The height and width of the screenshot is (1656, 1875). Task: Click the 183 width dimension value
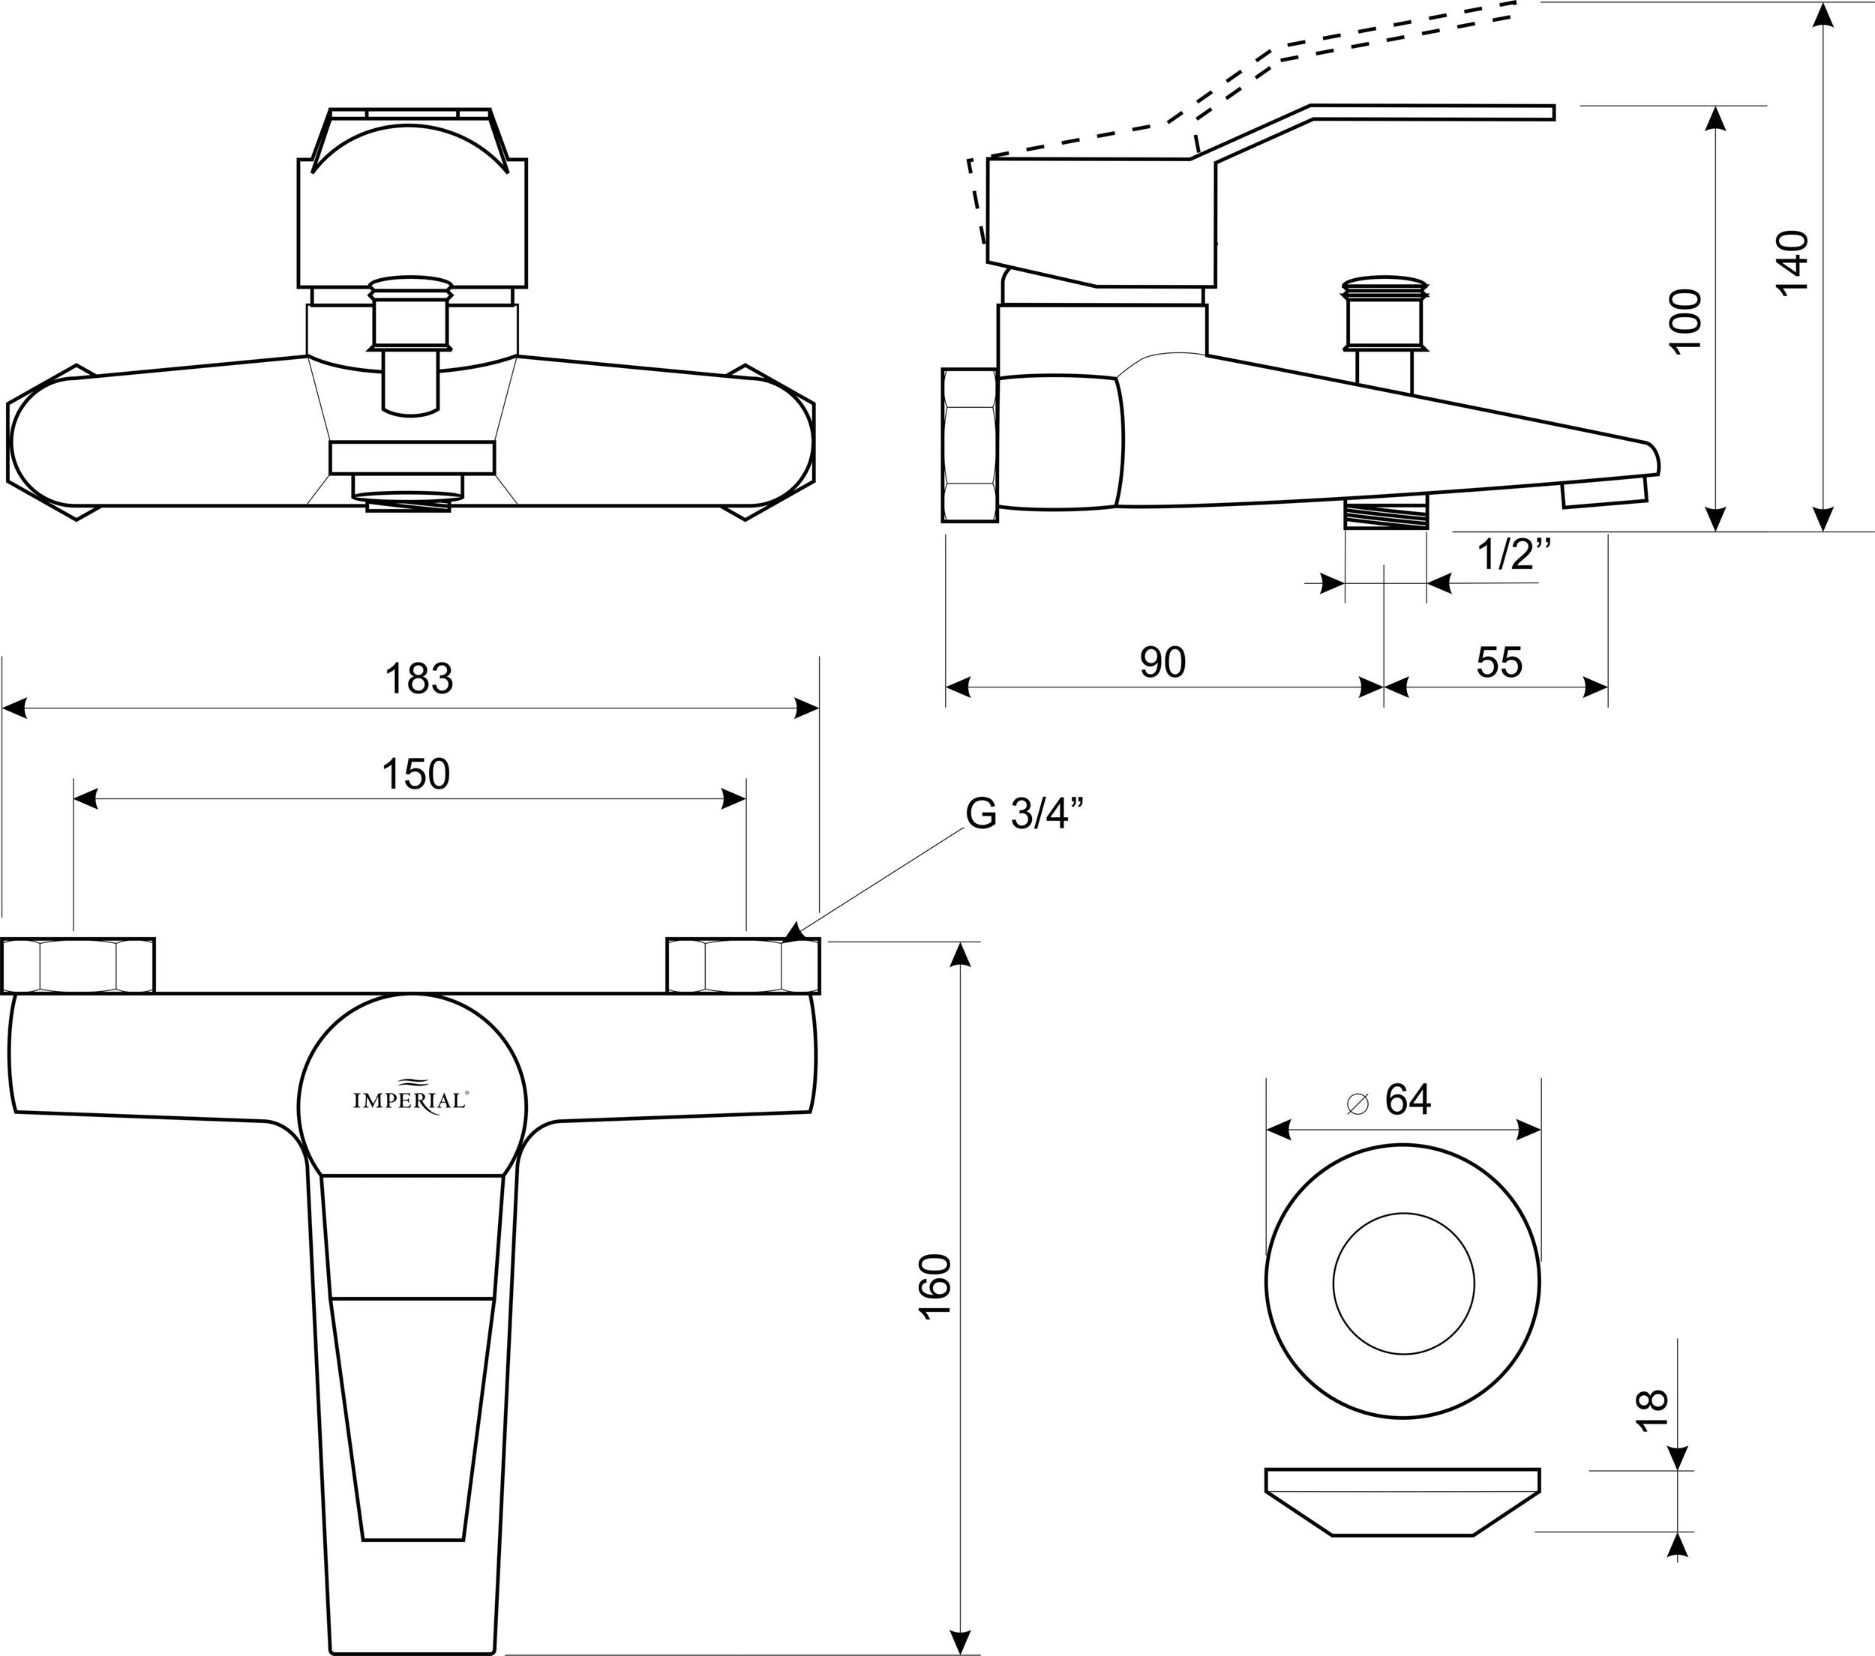point(418,679)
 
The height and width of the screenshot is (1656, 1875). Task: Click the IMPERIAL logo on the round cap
point(412,1100)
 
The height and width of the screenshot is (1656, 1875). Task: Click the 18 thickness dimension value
point(1651,1410)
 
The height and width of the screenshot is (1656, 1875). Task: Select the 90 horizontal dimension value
point(1162,662)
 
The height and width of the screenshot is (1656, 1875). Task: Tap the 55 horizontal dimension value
point(1499,662)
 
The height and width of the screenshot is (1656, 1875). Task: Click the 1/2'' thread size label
point(1514,555)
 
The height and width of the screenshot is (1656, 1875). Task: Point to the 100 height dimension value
point(1684,320)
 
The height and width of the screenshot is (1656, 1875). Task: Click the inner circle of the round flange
point(1402,1282)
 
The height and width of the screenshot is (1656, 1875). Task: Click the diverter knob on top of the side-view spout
point(1385,312)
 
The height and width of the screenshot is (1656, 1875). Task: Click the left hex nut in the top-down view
point(77,966)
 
